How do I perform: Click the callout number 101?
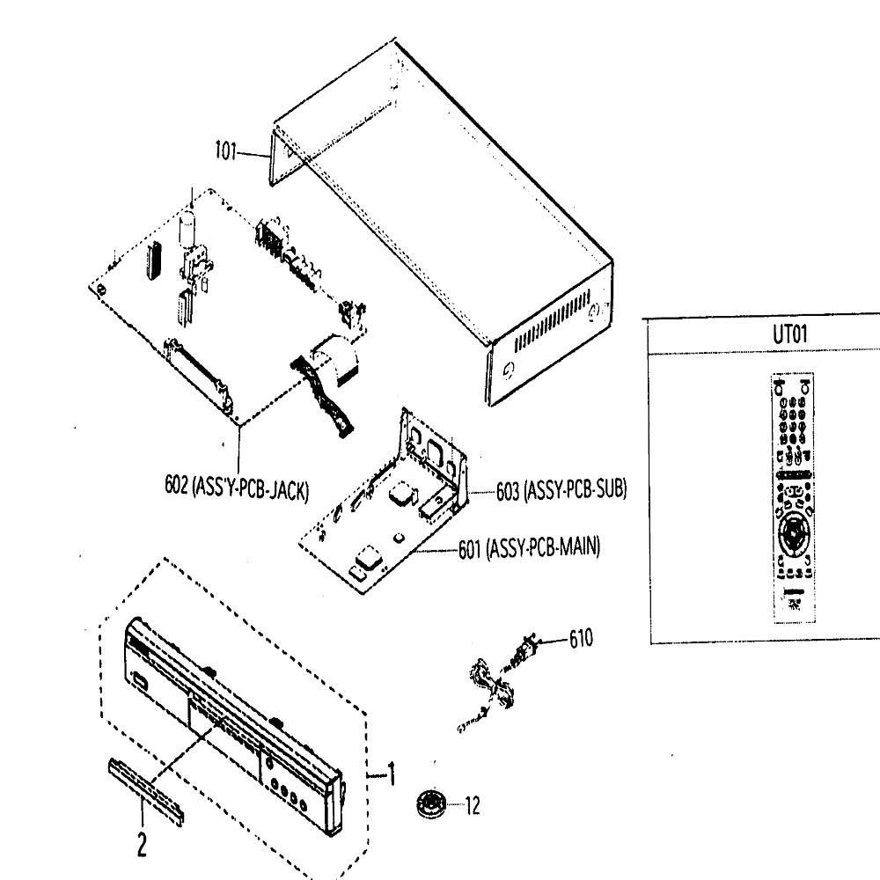[x=225, y=151]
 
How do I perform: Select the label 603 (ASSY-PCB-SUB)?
[x=561, y=490]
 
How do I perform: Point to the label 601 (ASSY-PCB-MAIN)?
[x=529, y=547]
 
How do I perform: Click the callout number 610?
[x=581, y=639]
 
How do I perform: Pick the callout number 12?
[x=473, y=806]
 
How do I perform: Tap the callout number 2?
[x=142, y=844]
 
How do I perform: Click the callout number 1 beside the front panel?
[x=392, y=774]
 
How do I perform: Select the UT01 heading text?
[x=789, y=334]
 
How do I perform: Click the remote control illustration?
[x=793, y=498]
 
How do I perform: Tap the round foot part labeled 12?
[x=431, y=803]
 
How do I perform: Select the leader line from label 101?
[x=254, y=154]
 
